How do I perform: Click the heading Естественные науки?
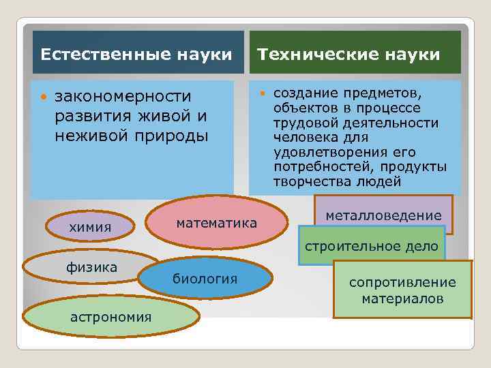tap(136, 54)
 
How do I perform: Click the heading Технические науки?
tap(348, 54)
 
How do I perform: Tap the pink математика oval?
tap(217, 224)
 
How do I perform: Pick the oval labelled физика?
tap(91, 267)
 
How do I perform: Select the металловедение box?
tap(384, 215)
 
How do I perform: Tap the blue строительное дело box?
tap(372, 246)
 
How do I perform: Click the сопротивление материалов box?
tap(402, 290)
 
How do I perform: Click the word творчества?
tap(313, 181)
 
